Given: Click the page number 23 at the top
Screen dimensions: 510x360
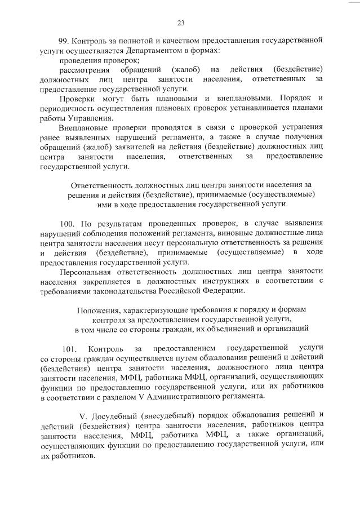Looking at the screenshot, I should coord(181,23).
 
